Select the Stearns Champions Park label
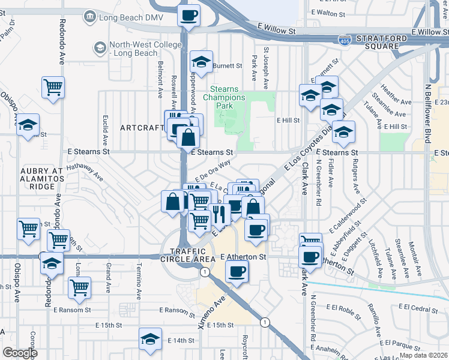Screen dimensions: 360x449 [224, 97]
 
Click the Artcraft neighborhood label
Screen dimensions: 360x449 [142, 128]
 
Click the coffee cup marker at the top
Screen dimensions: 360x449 [190, 16]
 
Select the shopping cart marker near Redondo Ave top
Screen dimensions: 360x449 [53, 87]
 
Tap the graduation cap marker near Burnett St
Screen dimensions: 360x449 [201, 61]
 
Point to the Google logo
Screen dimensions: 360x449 [20, 353]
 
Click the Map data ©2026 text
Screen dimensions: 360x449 [423, 355]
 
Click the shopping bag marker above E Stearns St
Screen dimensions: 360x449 [188, 137]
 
